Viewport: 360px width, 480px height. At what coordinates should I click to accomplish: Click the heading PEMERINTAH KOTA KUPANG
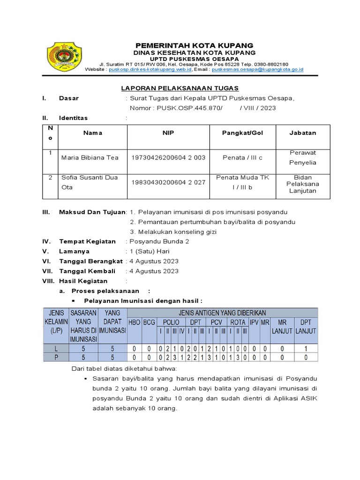(x=194, y=45)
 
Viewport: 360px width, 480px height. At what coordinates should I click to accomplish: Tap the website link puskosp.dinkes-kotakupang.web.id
(x=150, y=69)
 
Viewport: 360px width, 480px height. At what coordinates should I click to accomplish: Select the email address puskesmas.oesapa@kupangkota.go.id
(x=257, y=69)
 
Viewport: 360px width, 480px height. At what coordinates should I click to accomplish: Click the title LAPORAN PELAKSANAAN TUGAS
(x=180, y=88)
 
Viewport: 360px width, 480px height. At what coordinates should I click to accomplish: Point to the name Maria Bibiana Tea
(x=90, y=157)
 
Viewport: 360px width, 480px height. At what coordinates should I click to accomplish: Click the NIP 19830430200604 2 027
(x=168, y=182)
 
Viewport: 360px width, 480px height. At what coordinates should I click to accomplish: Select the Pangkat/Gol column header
(x=242, y=133)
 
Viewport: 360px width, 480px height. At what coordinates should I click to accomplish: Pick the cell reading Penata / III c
(x=242, y=157)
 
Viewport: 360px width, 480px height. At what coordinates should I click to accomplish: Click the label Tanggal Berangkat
(x=90, y=261)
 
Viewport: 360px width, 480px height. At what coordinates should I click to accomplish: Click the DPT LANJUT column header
(x=306, y=326)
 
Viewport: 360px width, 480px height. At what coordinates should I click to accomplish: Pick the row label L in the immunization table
(x=56, y=348)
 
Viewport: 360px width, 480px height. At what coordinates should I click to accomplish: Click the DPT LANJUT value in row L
(x=306, y=348)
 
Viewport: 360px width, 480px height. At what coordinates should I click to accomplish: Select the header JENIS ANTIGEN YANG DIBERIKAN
(x=222, y=313)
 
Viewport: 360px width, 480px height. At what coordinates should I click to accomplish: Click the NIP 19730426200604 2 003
(x=168, y=157)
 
